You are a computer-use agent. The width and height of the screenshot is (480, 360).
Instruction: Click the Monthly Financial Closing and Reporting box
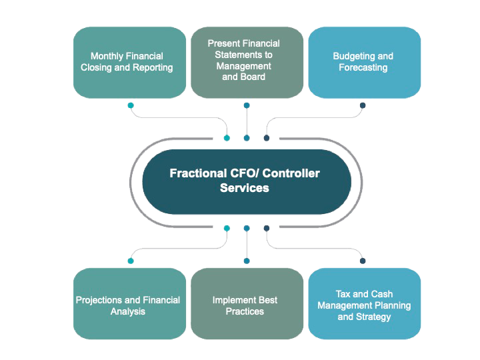pos(127,62)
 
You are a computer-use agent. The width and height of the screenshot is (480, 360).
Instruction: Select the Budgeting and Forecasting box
pos(363,62)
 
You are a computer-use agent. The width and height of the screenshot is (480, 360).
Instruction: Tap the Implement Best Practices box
pos(245,305)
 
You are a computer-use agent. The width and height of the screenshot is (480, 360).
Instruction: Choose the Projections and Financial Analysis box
pos(127,305)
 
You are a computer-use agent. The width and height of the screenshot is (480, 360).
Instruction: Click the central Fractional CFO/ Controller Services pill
pos(246,181)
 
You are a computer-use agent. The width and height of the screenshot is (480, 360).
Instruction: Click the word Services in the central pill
pos(245,188)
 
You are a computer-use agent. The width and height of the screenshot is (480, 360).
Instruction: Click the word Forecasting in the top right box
pos(363,67)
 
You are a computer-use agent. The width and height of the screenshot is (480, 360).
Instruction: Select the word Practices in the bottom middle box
pos(245,311)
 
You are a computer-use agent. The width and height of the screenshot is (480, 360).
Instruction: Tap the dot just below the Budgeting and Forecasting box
pos(363,105)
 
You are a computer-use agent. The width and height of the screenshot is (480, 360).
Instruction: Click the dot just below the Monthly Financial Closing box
pos(131,105)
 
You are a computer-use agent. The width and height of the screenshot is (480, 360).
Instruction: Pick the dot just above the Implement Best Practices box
pos(247,261)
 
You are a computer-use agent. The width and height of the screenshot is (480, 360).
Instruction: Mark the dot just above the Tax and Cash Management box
pos(363,261)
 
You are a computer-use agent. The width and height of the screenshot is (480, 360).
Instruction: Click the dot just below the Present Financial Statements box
pos(247,105)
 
